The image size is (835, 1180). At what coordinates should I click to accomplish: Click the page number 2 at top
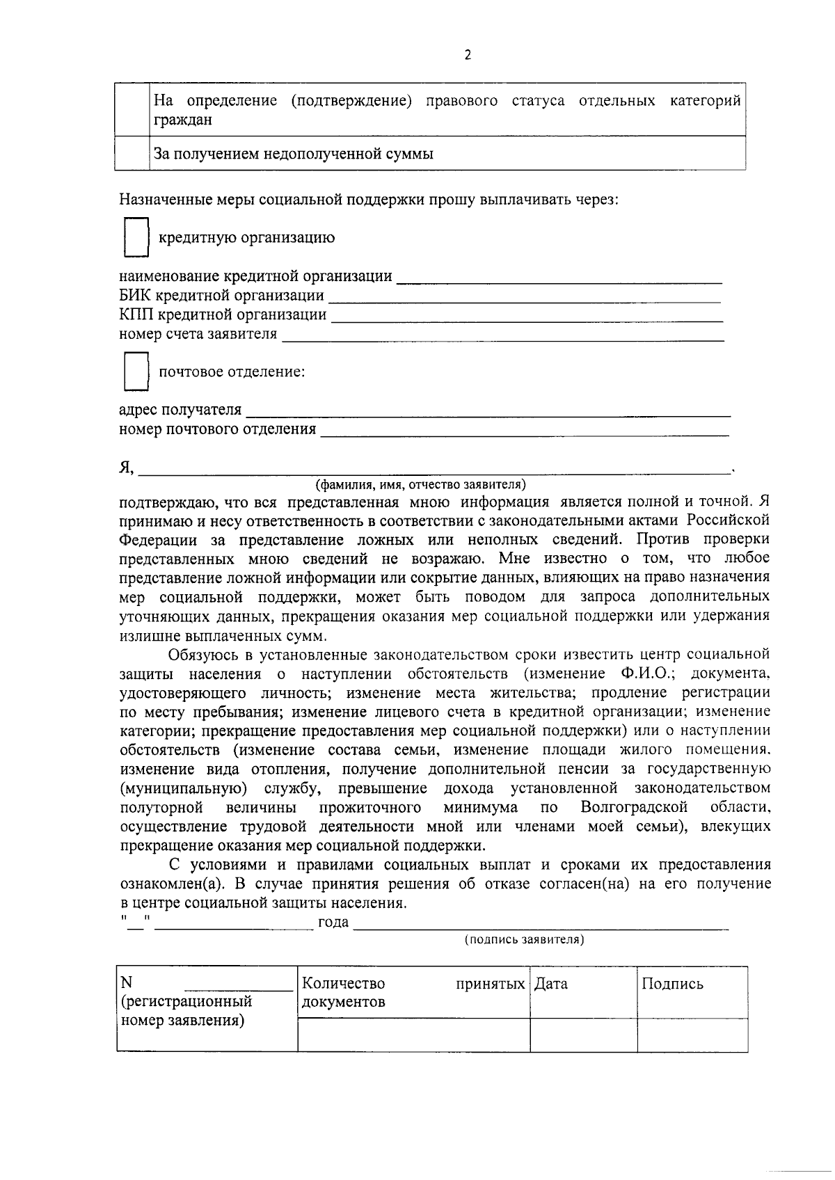point(467,56)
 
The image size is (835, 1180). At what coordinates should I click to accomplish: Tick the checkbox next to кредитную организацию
point(136,237)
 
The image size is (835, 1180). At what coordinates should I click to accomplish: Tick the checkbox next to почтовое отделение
point(136,372)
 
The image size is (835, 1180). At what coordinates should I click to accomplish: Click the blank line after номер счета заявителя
point(502,336)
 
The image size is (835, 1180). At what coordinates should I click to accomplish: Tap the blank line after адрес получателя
point(488,411)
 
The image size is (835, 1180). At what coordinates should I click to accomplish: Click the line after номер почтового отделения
point(524,431)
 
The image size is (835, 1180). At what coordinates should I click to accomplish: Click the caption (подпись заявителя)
point(524,940)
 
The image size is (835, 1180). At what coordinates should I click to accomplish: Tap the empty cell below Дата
point(583,1035)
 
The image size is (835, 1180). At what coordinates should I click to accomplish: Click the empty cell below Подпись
point(692,1035)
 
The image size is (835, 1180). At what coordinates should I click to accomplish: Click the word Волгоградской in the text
point(634,807)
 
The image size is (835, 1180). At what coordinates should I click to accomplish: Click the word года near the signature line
point(333,923)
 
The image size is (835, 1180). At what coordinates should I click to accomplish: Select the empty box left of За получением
point(132,153)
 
